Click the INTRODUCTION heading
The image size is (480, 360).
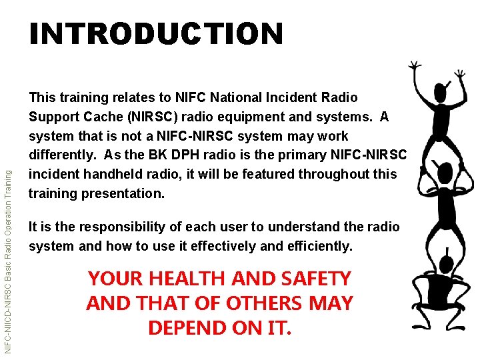[156, 33]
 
